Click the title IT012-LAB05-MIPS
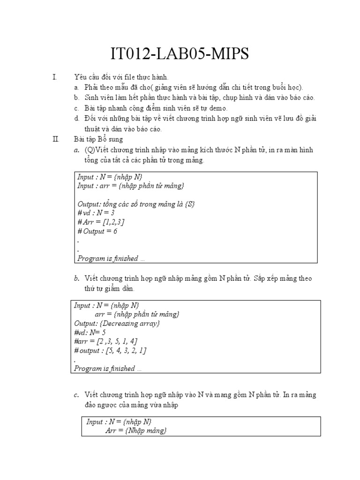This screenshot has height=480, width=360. [x=180, y=54]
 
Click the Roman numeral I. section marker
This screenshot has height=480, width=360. [x=55, y=77]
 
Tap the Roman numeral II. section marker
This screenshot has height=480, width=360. [x=56, y=139]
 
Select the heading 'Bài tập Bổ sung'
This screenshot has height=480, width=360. [x=98, y=139]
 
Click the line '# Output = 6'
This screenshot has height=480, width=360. [x=97, y=231]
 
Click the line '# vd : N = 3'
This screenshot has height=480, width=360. [x=96, y=212]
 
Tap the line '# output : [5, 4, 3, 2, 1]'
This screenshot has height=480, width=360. [x=111, y=351]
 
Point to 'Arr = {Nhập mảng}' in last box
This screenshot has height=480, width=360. [x=136, y=430]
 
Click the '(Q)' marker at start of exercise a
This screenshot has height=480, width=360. [x=90, y=150]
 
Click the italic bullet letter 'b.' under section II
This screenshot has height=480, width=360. [x=76, y=278]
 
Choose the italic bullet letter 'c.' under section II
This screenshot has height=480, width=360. [x=76, y=395]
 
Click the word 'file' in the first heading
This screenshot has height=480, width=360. [x=134, y=77]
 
